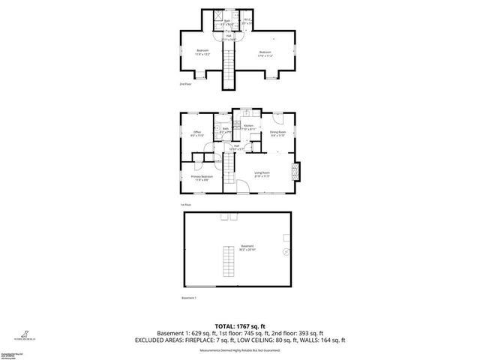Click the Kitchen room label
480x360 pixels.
(238, 127)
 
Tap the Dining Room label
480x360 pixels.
(278, 133)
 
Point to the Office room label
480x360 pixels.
(197, 133)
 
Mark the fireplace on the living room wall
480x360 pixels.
(295, 172)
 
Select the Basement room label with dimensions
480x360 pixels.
(247, 247)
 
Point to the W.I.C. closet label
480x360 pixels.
(247, 22)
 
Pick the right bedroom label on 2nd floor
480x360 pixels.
(265, 53)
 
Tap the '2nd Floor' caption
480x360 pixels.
(184, 85)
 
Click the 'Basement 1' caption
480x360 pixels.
(189, 298)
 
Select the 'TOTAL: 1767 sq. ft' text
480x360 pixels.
(239, 325)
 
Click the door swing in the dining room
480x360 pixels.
(277, 117)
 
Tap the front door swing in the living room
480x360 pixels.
(244, 189)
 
